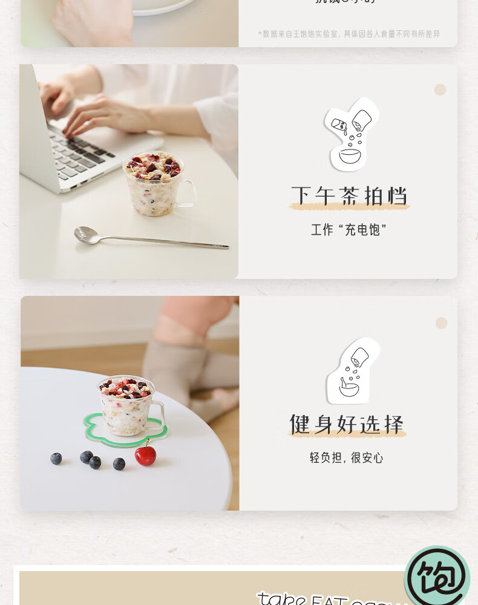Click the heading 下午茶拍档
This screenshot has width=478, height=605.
coord(349,196)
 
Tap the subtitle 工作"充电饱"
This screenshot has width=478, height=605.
coord(349,230)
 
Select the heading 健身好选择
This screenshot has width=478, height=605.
coord(347,424)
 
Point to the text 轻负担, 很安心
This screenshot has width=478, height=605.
coord(346,458)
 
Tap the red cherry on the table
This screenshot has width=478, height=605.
coord(145,454)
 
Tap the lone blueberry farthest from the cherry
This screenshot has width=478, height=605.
coord(56,459)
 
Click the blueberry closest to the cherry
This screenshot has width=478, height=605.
coord(119,463)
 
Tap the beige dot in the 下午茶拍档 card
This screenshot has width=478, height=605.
coord(440,90)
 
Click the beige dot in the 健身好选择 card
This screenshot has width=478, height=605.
coord(441,323)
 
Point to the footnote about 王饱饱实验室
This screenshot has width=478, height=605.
coord(349,34)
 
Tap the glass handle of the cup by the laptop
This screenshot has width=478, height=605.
coord(189,194)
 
